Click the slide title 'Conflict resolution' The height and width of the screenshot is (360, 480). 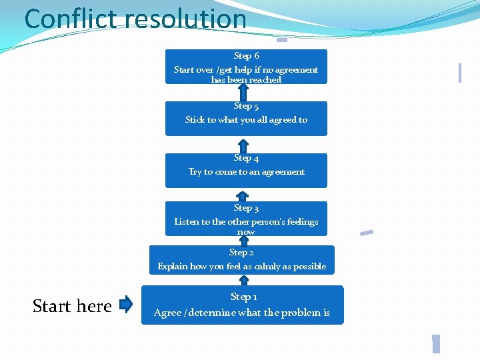pos(135,19)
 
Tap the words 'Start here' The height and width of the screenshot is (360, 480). pos(72,306)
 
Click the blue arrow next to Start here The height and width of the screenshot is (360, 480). pos(126,305)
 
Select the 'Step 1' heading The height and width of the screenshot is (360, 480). pos(243,297)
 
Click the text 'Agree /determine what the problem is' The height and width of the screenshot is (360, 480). pos(242,313)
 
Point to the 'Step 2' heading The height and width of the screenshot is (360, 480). pos(241,253)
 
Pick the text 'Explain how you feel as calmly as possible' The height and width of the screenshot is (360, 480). pos(242,267)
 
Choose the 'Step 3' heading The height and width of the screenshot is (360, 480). pos(246,208)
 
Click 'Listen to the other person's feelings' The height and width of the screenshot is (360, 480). pos(246,221)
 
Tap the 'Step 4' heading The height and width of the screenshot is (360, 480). pos(246,158)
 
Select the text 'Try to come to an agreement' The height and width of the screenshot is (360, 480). pos(246,171)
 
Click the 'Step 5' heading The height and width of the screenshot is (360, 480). pos(246,106)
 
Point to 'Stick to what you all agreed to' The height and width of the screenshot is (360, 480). pos(246,120)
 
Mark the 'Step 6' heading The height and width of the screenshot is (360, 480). pos(246,56)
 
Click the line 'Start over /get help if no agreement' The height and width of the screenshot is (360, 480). pos(246,69)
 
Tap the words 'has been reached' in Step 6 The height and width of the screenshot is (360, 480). pos(246,79)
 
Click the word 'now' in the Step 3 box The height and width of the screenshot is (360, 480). pos(246,232)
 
